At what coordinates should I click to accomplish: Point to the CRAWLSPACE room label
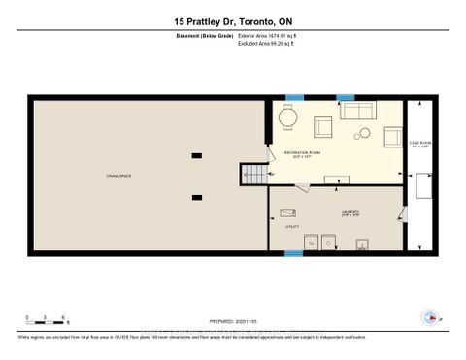click(x=119, y=176)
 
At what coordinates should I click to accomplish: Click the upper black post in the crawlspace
click(x=197, y=154)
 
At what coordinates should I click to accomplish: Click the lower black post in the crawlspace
click(x=197, y=197)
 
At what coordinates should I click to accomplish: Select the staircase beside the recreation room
click(x=251, y=174)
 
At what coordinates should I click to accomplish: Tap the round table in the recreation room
click(x=287, y=117)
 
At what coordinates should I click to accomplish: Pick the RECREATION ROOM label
click(x=302, y=153)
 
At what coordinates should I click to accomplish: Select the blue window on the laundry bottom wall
click(x=292, y=253)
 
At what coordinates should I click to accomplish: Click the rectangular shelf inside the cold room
click(x=423, y=188)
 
